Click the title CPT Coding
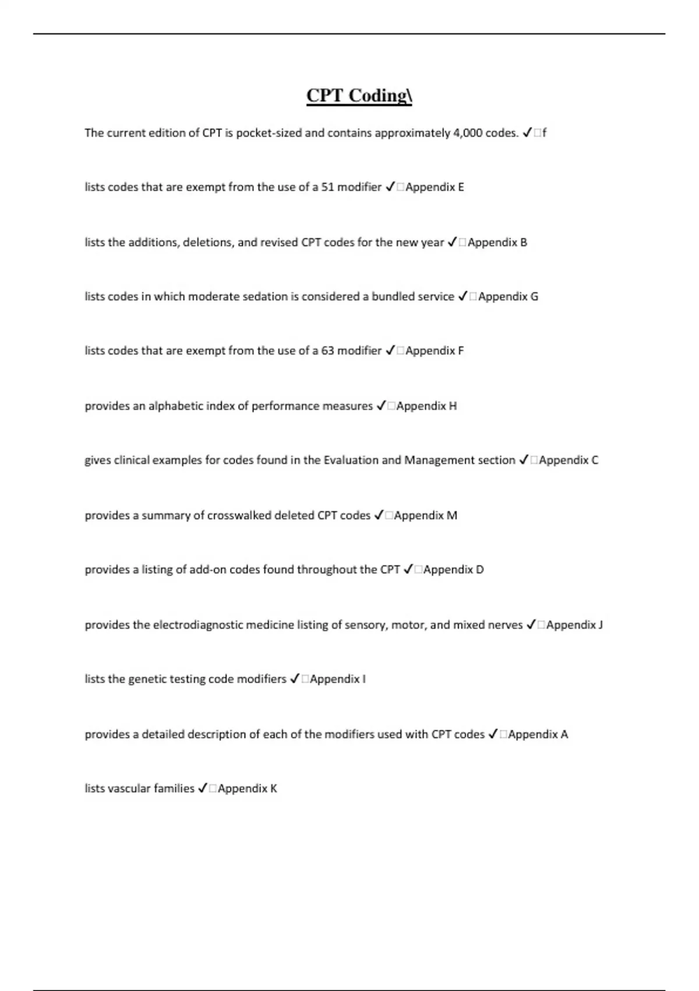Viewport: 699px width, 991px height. pyautogui.click(x=359, y=96)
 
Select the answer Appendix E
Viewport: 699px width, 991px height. pyautogui.click(x=435, y=187)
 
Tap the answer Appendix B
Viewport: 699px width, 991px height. pyautogui.click(x=497, y=243)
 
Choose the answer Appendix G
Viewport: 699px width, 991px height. pyautogui.click(x=508, y=297)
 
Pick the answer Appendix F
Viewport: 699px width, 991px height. pyautogui.click(x=435, y=351)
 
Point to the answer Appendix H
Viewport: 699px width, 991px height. pyautogui.click(x=426, y=406)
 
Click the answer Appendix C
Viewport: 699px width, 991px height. pyautogui.click(x=569, y=461)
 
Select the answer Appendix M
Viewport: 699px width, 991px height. pyautogui.click(x=425, y=515)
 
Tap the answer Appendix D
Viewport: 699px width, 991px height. pyautogui.click(x=453, y=570)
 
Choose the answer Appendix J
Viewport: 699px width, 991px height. pyautogui.click(x=574, y=625)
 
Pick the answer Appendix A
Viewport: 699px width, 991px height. pyautogui.click(x=538, y=735)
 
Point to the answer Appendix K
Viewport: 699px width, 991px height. pyautogui.click(x=248, y=789)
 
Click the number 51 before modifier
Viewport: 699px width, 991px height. pyautogui.click(x=328, y=187)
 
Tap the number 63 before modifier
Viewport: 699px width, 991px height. pyautogui.click(x=328, y=351)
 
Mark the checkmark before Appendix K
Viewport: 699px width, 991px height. pyautogui.click(x=202, y=789)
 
